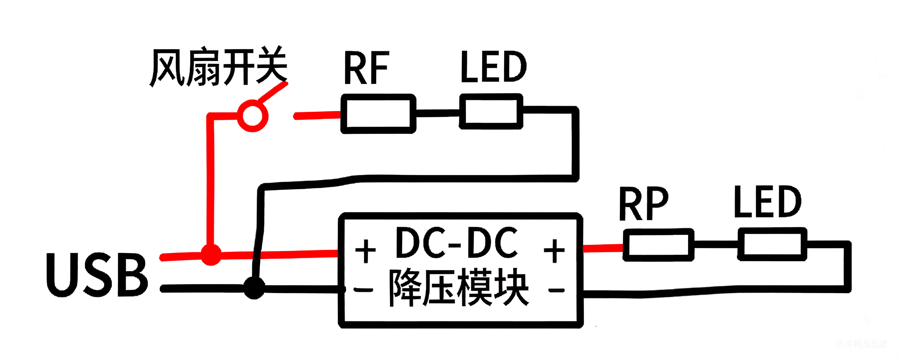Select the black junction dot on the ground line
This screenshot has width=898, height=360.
254,288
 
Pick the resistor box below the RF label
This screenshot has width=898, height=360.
378,114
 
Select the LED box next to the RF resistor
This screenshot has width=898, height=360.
491,112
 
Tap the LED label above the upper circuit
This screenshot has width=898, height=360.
493,67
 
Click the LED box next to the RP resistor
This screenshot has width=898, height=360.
772,244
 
